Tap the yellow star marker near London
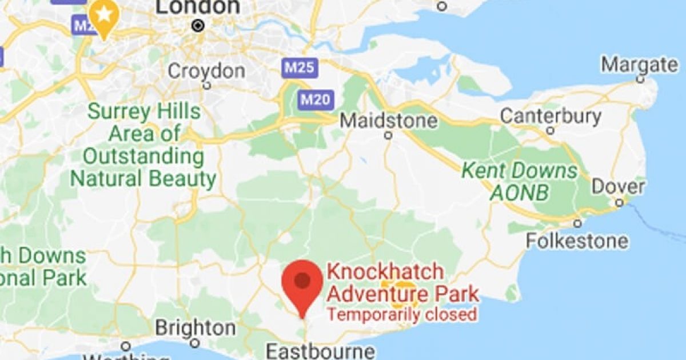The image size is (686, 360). pyautogui.click(x=103, y=16)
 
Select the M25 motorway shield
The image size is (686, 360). pyautogui.click(x=298, y=68)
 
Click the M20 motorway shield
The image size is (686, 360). pyautogui.click(x=315, y=100)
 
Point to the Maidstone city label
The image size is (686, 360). pyautogui.click(x=389, y=121)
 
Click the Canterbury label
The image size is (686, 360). pyautogui.click(x=551, y=116)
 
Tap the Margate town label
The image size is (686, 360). pyautogui.click(x=639, y=64)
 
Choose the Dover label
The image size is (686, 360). pyautogui.click(x=618, y=187)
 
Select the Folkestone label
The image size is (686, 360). pyautogui.click(x=576, y=241)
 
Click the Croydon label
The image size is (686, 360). pyautogui.click(x=206, y=71)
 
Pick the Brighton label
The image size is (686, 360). pyautogui.click(x=195, y=329)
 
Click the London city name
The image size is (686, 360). pyautogui.click(x=198, y=7)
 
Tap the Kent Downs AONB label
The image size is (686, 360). pyautogui.click(x=519, y=181)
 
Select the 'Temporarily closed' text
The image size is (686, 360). pyautogui.click(x=401, y=315)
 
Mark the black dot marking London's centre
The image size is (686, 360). pyautogui.click(x=198, y=25)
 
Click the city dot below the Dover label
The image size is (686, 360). pyautogui.click(x=619, y=202)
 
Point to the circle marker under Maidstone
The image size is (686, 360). pyautogui.click(x=389, y=135)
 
